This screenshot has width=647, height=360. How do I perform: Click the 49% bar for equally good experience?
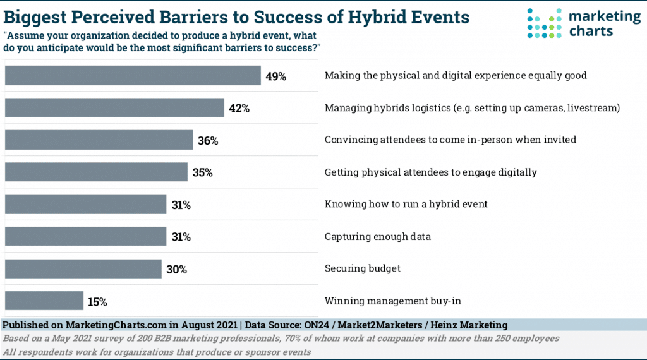pyautogui.click(x=133, y=75)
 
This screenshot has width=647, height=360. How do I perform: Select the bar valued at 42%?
pyautogui.click(x=114, y=107)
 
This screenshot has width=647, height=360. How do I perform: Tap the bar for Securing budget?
pyautogui.click(x=83, y=268)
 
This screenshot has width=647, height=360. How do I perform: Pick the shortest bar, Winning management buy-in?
pyautogui.click(x=44, y=301)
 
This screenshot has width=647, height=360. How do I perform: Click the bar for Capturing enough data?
pyautogui.click(x=85, y=236)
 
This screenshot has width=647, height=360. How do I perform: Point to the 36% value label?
pyautogui.click(x=208, y=141)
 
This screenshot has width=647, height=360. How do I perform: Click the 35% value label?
pyautogui.click(x=202, y=172)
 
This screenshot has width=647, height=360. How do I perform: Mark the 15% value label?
pyautogui.click(x=97, y=302)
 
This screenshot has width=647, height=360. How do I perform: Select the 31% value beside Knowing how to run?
pyautogui.click(x=181, y=205)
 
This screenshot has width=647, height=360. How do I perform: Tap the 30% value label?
pyautogui.click(x=176, y=270)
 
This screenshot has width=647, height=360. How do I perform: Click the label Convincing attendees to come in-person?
pyautogui.click(x=450, y=140)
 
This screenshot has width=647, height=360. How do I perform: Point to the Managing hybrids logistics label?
pyautogui.click(x=472, y=108)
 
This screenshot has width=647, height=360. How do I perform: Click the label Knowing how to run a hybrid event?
pyautogui.click(x=406, y=204)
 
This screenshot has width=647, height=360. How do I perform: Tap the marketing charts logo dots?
pyautogui.click(x=543, y=23)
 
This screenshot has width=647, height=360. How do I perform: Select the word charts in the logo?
pyautogui.click(x=591, y=31)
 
